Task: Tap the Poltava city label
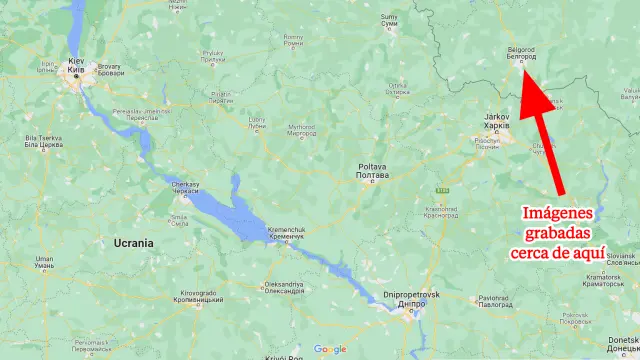click(x=372, y=170)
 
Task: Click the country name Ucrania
click(x=134, y=243)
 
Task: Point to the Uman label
click(x=44, y=263)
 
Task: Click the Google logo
click(x=329, y=349)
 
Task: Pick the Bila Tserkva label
click(x=43, y=139)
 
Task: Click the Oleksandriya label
click(x=283, y=287)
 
